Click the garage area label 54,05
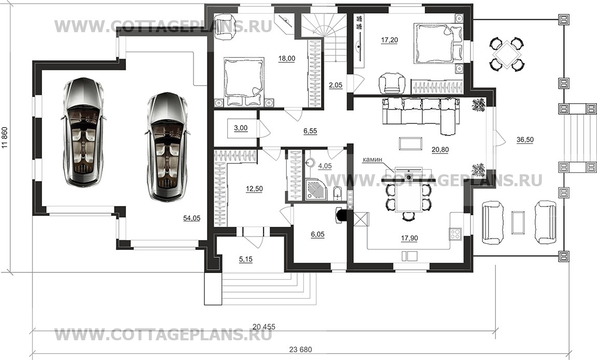click(192, 218)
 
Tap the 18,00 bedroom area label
click(287, 58)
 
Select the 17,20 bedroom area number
click(390, 39)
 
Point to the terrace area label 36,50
click(525, 140)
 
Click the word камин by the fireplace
click(372, 160)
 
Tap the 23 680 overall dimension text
click(300, 349)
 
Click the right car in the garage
click(166, 146)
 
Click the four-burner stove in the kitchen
click(455, 233)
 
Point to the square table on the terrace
click(505, 54)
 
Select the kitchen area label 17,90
click(409, 239)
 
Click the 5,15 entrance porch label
click(245, 259)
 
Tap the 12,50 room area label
click(254, 189)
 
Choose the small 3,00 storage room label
click(241, 128)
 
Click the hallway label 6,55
click(310, 131)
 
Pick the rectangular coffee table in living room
click(410, 144)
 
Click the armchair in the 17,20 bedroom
click(392, 83)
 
